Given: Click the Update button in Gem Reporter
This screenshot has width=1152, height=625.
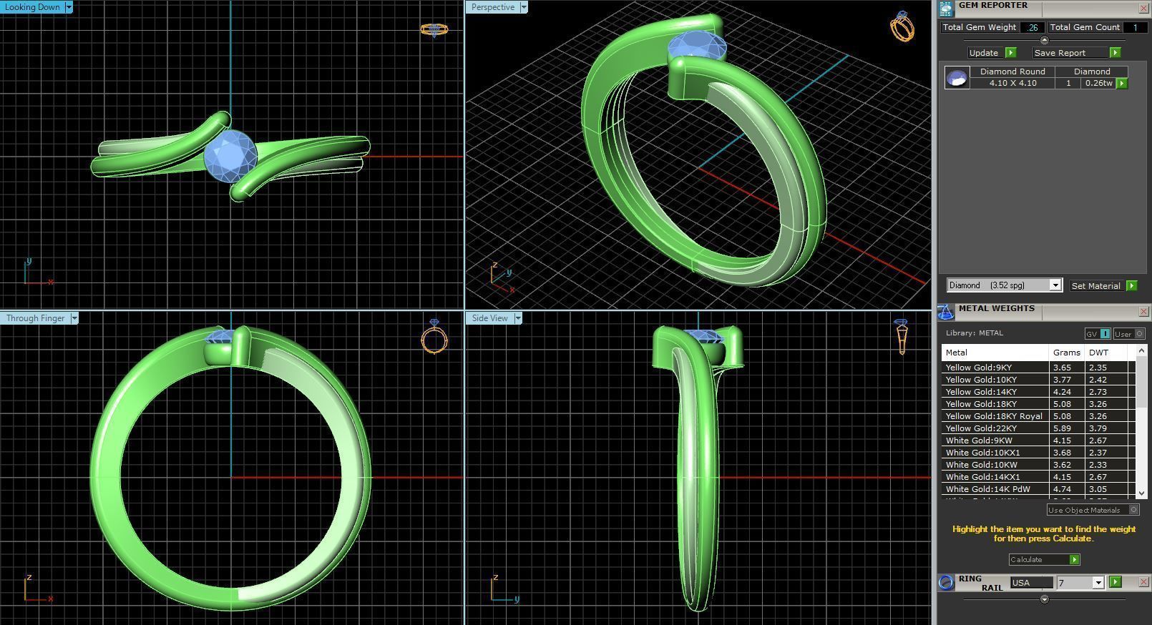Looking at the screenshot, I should pos(984,53).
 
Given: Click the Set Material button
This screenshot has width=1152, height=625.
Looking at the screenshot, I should pos(1095,285).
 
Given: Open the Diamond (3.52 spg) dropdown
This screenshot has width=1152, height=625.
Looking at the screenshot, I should pos(1054,285).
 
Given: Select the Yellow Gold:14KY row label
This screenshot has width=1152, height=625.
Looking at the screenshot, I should pos(980,392).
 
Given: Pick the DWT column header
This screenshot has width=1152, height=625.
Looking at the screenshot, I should pos(1098,353).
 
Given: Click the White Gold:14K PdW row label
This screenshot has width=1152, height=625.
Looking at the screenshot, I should pos(987,489).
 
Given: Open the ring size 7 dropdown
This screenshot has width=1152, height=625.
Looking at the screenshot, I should pos(1098,583).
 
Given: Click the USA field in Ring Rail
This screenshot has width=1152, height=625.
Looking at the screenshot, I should pos(1030,583).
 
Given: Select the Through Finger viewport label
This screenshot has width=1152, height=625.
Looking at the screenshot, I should pos(35,318).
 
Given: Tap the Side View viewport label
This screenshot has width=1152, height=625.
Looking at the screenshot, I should pos(489,318).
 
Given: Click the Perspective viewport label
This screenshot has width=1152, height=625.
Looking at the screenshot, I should pos(492,7).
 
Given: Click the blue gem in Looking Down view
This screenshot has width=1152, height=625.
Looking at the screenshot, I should pos(230,155).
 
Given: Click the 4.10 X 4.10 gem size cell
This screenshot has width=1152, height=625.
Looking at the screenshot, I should pos(1012,83).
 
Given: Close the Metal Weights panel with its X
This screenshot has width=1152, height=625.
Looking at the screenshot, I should pos(1143,312).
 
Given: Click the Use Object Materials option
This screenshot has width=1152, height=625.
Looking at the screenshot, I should pos(1084,510).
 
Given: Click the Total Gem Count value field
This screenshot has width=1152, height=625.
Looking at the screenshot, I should pos(1134,27).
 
